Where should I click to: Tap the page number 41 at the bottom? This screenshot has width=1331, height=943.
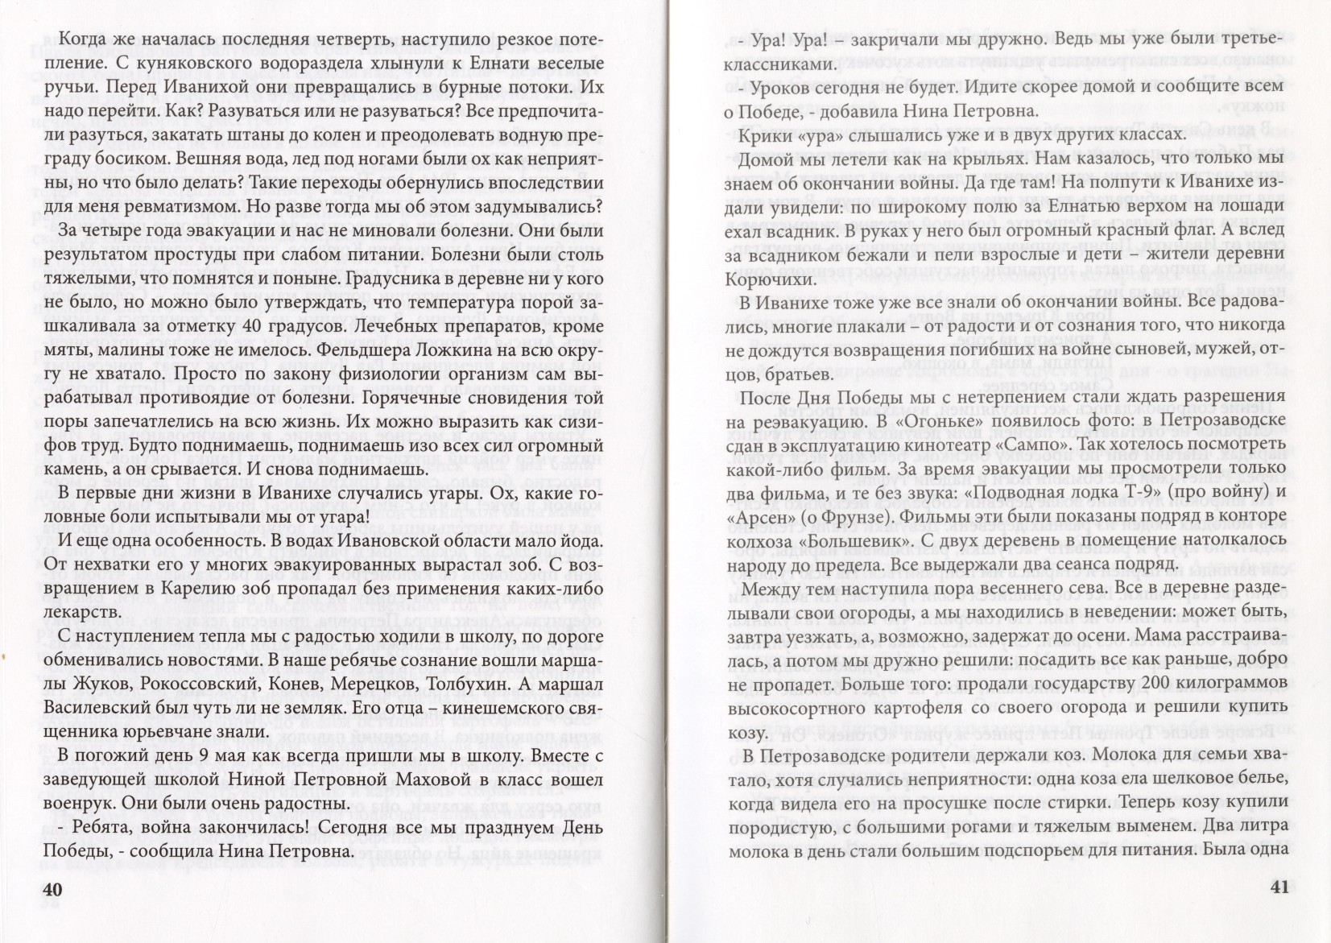(x=1279, y=887)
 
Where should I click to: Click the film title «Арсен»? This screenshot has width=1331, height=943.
(x=762, y=516)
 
